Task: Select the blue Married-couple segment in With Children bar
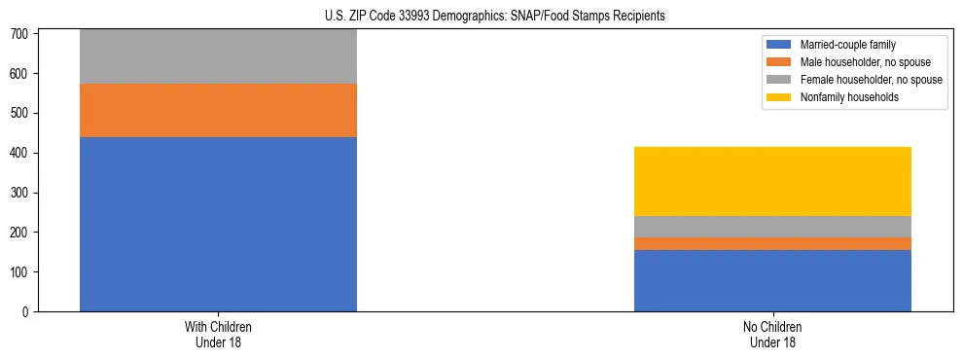(x=218, y=224)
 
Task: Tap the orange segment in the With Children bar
(x=218, y=110)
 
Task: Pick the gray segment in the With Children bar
(x=218, y=56)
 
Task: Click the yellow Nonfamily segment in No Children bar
(x=772, y=181)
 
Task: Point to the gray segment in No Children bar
(x=772, y=226)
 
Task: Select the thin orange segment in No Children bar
(x=772, y=243)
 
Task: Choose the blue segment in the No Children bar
(x=772, y=280)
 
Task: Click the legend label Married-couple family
(x=848, y=45)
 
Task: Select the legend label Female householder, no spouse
(x=871, y=80)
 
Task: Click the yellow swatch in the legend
(x=779, y=97)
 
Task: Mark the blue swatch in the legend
(x=779, y=45)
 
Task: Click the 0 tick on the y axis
(x=29, y=311)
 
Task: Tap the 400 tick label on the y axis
(x=24, y=153)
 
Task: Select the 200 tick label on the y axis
(x=24, y=233)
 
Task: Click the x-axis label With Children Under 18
(x=218, y=334)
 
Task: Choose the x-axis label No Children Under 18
(x=772, y=334)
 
